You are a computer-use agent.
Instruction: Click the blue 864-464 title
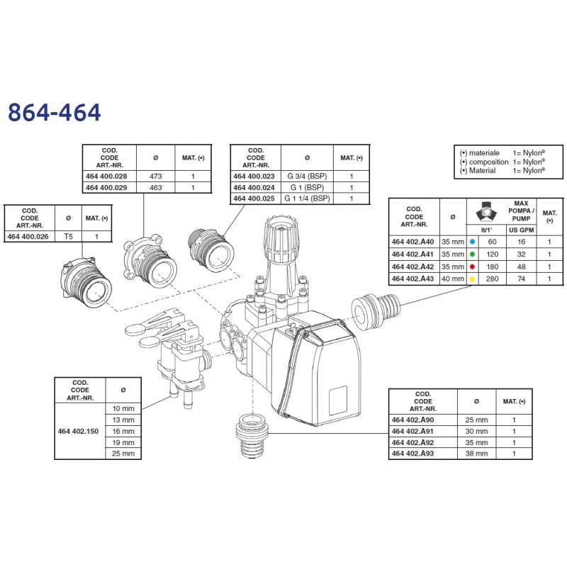[x=55, y=112]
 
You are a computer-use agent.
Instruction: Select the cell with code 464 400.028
[x=106, y=176]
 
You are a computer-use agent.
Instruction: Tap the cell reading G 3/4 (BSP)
[x=307, y=176]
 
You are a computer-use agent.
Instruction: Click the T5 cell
[x=68, y=237]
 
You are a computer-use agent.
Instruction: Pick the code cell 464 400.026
[x=28, y=237]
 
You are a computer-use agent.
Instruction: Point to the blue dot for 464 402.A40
[x=472, y=242]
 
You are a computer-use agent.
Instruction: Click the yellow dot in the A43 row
[x=472, y=279]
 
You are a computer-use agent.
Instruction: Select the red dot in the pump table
[x=472, y=267]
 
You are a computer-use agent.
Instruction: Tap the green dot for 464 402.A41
[x=472, y=254]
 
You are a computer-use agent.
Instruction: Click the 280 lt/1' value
[x=492, y=279]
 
